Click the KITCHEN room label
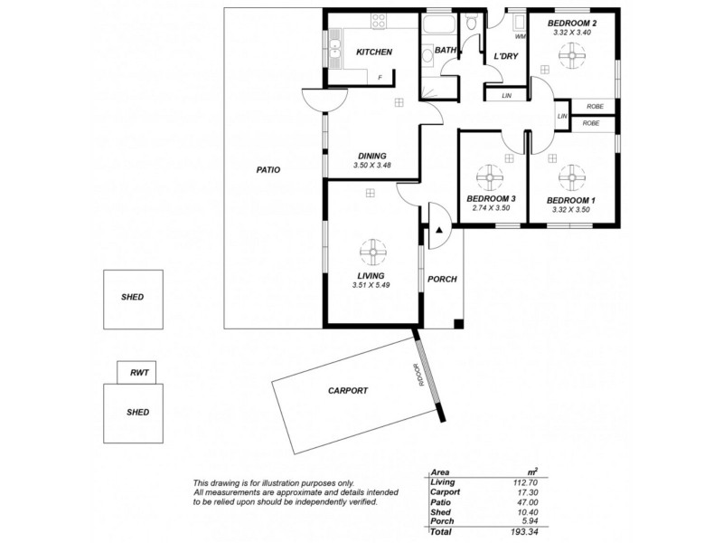[373, 52]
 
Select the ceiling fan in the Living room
[371, 249]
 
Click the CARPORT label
[347, 391]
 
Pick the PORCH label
[442, 279]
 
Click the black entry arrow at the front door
[439, 232]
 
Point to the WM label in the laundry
[520, 37]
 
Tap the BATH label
[445, 51]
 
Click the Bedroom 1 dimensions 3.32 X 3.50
[570, 209]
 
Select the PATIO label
[268, 169]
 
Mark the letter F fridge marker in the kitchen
[380, 78]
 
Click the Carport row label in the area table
[445, 492]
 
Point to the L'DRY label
[504, 57]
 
